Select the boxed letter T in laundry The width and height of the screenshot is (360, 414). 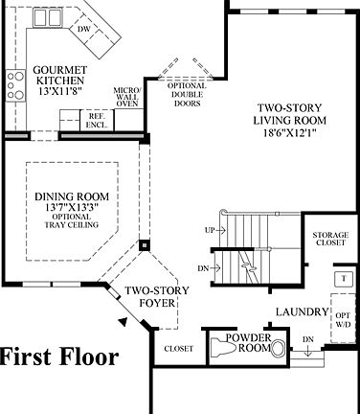[340, 278]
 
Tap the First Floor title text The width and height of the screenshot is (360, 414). [59, 358]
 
